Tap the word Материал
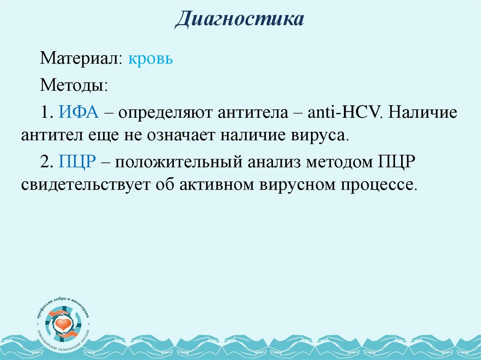[81, 60]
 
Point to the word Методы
[74, 86]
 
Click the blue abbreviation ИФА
[78, 113]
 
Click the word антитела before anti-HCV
[255, 113]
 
